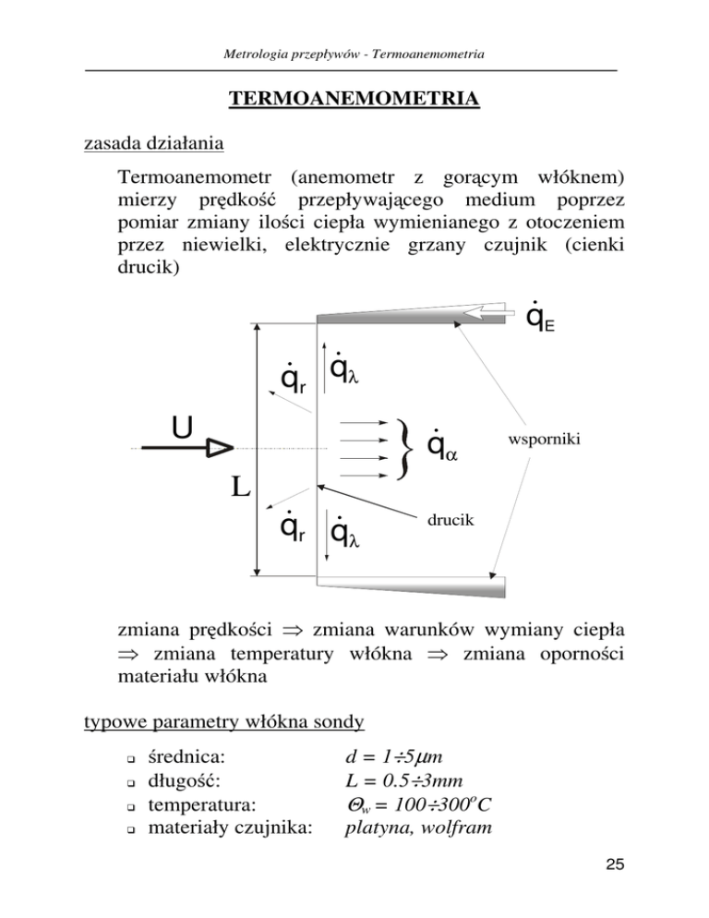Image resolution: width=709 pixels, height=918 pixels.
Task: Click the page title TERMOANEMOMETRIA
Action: click(x=354, y=99)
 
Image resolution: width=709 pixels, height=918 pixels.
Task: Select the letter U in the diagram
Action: click(x=183, y=429)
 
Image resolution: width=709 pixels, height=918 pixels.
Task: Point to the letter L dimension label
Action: click(x=239, y=487)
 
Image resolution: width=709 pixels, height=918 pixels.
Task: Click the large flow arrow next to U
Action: click(x=198, y=448)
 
